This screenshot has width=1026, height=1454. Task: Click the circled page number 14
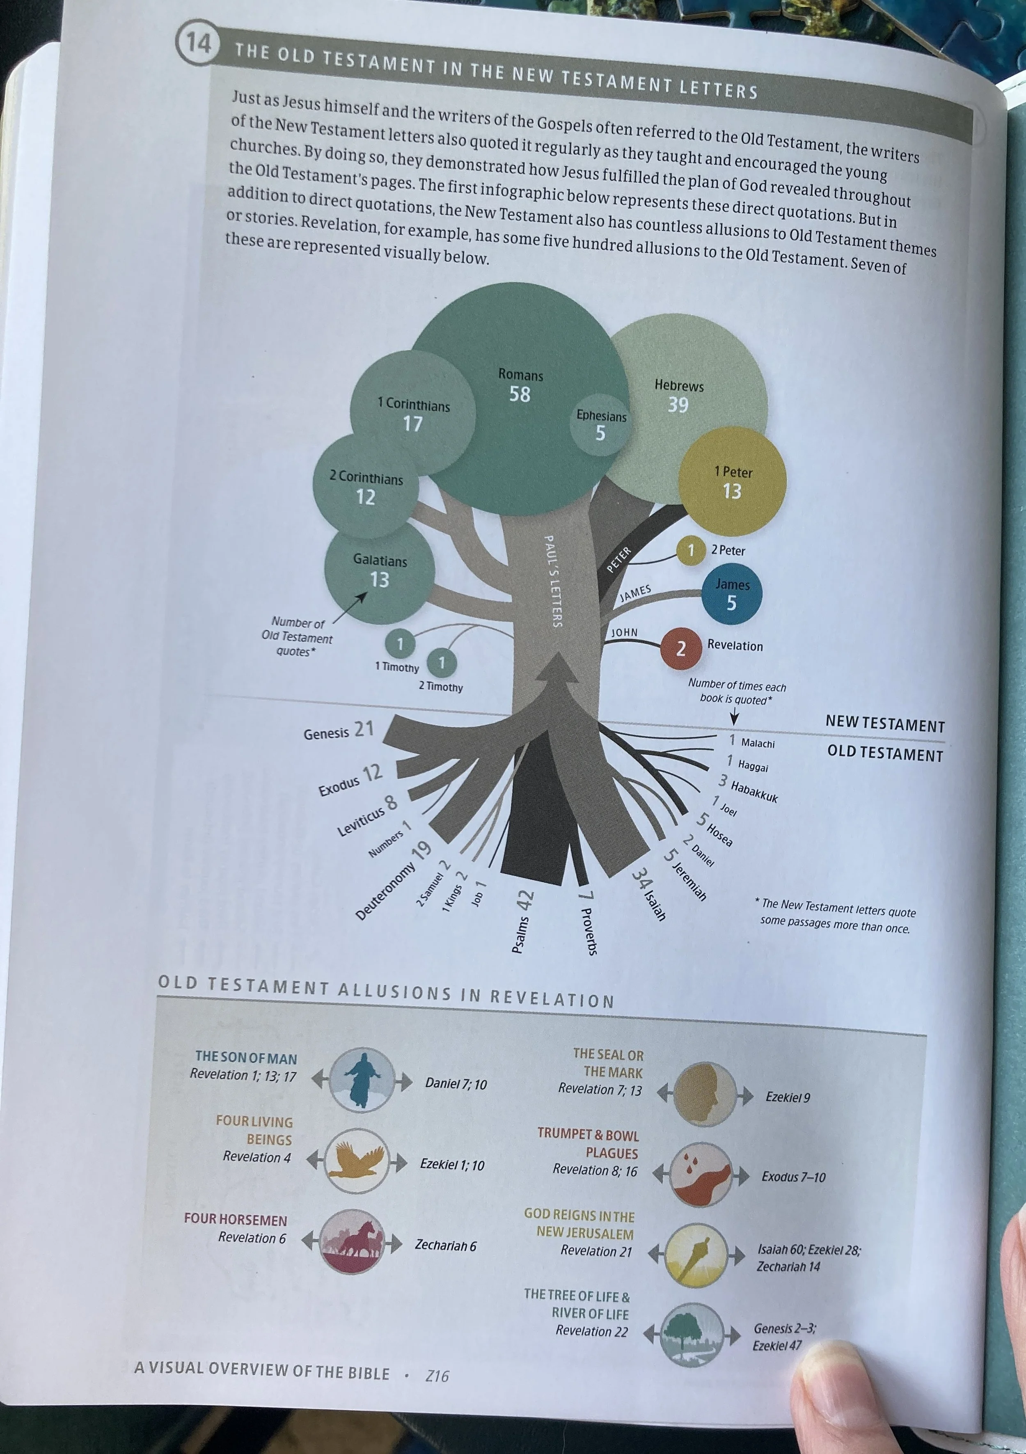coord(197,43)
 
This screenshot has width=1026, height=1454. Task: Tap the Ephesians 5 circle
coord(600,425)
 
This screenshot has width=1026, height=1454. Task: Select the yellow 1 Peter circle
coord(732,481)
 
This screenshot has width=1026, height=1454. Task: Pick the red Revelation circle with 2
coord(681,648)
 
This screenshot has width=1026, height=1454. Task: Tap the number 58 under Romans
coord(520,394)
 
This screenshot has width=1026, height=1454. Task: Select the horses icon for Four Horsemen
coord(352,1241)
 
